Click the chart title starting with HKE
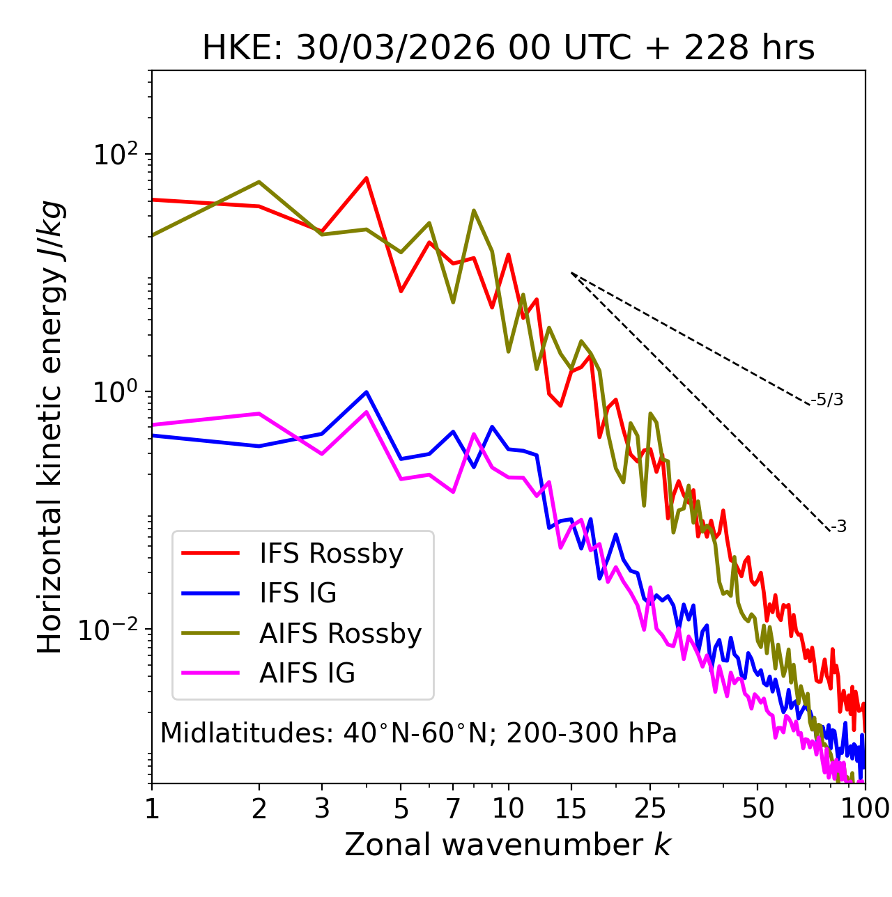[x=508, y=49]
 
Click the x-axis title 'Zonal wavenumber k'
[x=508, y=845]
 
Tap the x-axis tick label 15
[x=571, y=809]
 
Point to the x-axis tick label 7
[x=453, y=809]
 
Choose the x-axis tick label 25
[x=650, y=809]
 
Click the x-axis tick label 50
[x=758, y=809]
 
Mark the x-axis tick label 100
[x=865, y=809]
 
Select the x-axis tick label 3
[x=322, y=809]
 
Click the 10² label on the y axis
[x=114, y=154]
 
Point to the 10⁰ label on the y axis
[x=114, y=392]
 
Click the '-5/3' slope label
[x=827, y=400]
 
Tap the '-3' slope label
[x=839, y=527]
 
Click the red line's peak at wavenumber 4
[x=367, y=178]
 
